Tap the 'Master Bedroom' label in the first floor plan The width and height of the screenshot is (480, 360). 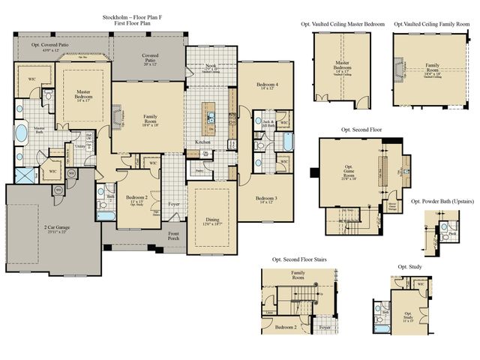84,95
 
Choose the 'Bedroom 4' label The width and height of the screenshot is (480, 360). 267,85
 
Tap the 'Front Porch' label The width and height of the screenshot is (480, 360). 172,235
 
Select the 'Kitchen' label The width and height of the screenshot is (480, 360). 203,142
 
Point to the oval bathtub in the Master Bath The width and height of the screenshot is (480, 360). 20,134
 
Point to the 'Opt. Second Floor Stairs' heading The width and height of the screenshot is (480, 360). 298,259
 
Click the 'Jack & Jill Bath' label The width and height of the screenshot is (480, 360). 267,122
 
